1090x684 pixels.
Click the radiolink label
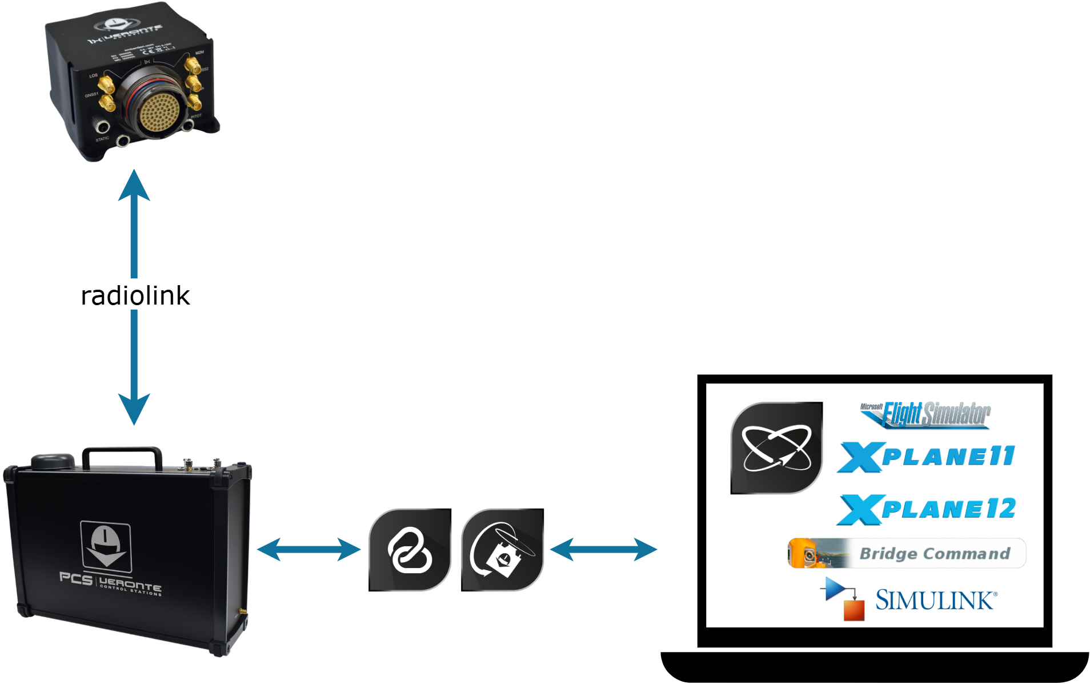(135, 295)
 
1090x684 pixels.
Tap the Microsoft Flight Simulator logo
(925, 414)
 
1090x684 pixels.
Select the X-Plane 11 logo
(925, 457)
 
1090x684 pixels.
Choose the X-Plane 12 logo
(925, 509)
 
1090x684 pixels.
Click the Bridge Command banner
(907, 553)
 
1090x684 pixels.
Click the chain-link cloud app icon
(410, 550)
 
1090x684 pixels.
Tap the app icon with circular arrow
(502, 550)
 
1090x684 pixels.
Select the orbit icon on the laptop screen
(776, 447)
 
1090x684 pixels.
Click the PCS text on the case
(75, 579)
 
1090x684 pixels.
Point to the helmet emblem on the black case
(106, 546)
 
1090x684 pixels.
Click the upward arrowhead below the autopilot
(134, 186)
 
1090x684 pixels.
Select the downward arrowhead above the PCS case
(134, 409)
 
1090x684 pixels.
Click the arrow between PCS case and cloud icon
(308, 550)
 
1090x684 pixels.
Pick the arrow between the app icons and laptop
(603, 550)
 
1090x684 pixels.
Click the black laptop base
(874, 666)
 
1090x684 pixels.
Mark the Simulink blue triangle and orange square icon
(843, 598)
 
